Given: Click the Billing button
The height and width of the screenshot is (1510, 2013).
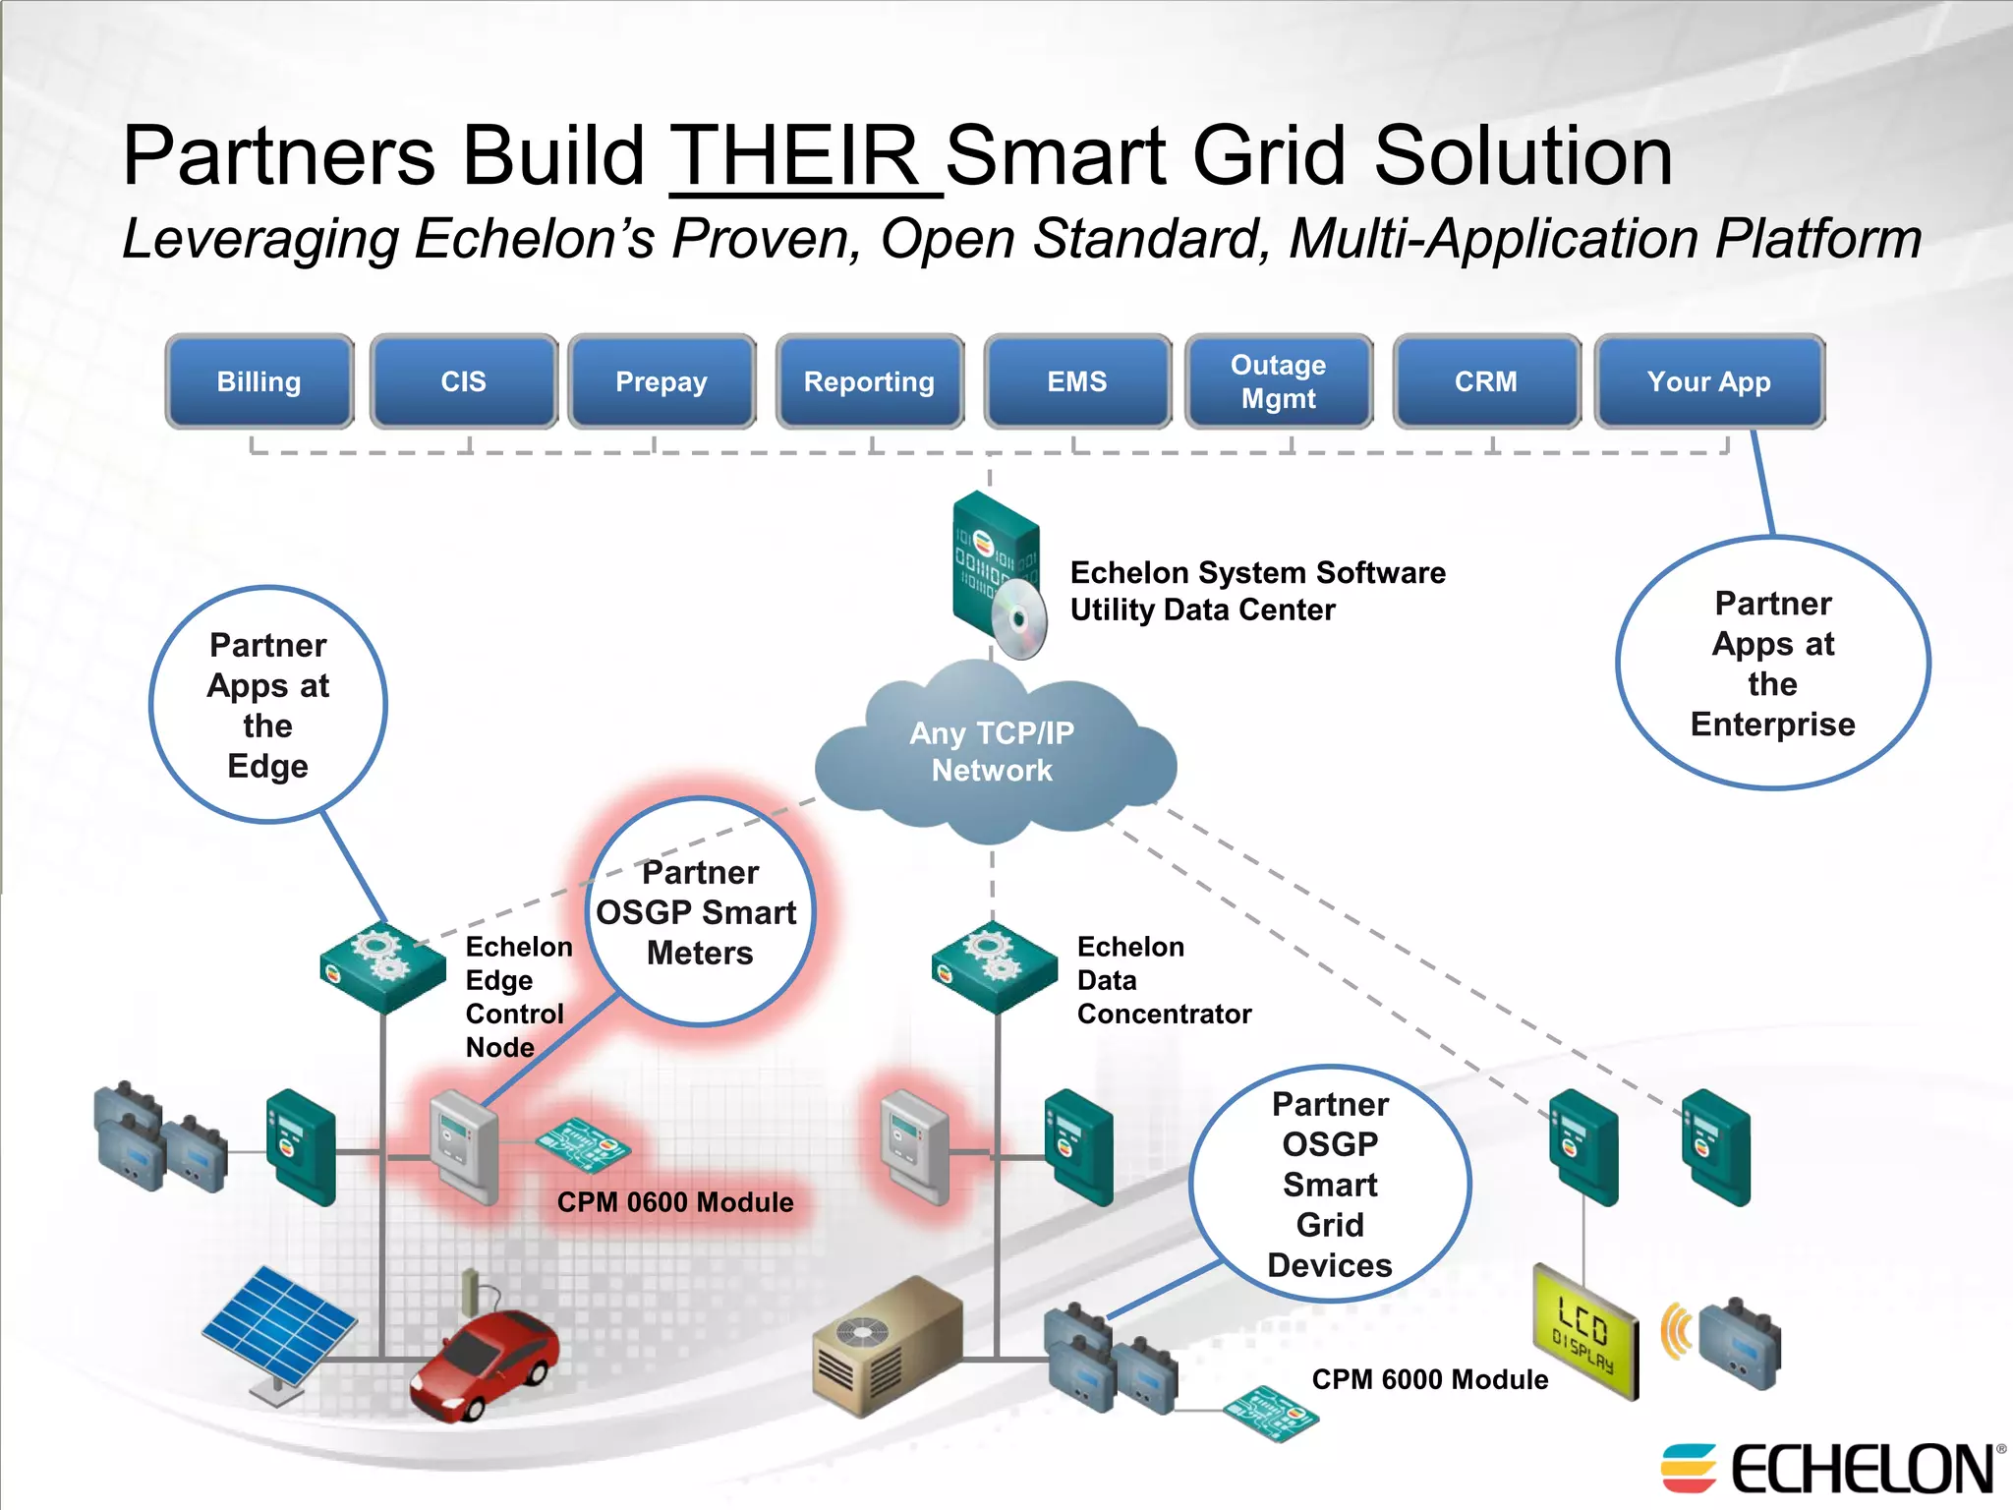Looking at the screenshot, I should (x=259, y=381).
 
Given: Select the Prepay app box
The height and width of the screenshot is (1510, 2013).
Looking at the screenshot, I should (x=661, y=381).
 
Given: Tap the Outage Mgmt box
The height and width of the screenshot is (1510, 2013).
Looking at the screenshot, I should (x=1278, y=381).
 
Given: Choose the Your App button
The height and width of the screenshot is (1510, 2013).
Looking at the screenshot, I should (x=1708, y=381).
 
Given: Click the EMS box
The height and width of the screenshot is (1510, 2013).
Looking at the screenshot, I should (x=1077, y=381).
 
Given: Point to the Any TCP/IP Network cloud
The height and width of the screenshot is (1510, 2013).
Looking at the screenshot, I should (x=993, y=752).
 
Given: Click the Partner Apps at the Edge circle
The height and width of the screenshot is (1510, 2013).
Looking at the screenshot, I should (x=267, y=705).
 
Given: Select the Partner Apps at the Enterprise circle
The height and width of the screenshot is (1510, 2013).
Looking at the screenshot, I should (x=1772, y=663).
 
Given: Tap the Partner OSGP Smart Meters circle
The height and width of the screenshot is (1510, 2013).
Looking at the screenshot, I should (x=700, y=912).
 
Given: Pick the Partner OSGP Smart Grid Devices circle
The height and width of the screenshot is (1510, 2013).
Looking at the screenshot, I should (x=1329, y=1184).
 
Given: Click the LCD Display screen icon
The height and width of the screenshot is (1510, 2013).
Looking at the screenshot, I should (x=1584, y=1332).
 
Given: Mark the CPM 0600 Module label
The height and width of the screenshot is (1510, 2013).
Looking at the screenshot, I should (x=675, y=1202).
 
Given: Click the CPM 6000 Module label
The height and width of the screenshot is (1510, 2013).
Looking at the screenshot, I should (x=1429, y=1379).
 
